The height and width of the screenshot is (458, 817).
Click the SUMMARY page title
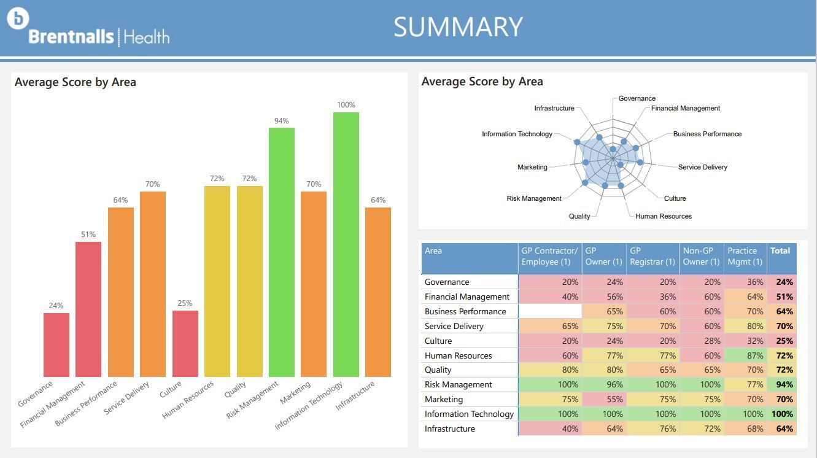[458, 27]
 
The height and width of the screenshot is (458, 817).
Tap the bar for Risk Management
[282, 252]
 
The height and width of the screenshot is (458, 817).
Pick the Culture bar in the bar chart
[185, 343]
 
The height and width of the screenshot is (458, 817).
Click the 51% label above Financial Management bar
[88, 235]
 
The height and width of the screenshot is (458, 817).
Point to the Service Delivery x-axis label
[127, 398]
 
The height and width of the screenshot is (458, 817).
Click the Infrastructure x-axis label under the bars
[355, 395]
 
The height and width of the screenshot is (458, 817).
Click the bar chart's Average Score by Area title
[76, 82]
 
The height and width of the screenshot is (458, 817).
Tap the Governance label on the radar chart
[637, 98]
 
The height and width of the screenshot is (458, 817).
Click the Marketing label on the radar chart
[532, 167]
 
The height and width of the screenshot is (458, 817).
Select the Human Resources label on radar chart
[663, 216]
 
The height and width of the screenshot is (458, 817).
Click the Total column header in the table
[780, 250]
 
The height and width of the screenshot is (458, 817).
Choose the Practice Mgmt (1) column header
[745, 256]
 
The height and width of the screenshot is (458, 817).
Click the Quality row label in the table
[438, 370]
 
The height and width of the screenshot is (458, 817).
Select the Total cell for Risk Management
[783, 385]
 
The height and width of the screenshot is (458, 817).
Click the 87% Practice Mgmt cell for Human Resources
[745, 355]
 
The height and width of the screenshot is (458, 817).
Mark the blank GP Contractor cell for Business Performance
[550, 311]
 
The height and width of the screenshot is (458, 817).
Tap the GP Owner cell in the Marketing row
[604, 399]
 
